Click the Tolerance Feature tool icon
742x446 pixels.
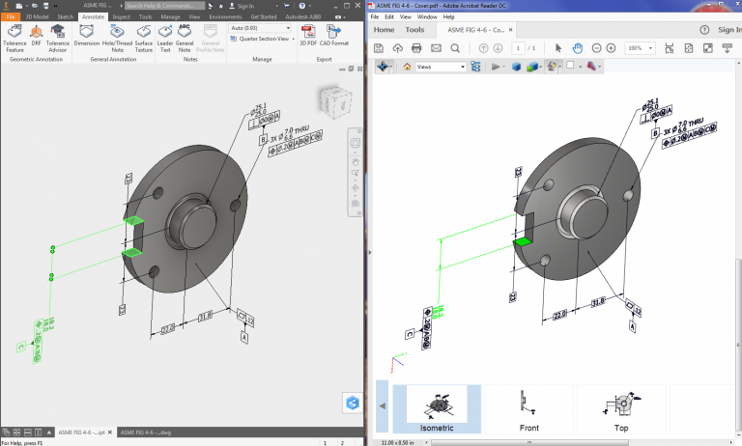[x=14, y=37]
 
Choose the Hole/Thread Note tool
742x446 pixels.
[x=116, y=37]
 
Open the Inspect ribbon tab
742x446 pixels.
[x=121, y=16]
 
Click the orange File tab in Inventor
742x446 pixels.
[x=11, y=16]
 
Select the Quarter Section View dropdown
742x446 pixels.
[x=260, y=39]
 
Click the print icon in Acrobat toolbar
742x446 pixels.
[x=417, y=48]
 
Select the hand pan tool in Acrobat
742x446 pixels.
[x=578, y=48]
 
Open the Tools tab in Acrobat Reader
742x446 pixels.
[x=414, y=30]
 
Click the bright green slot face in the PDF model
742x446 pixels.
[x=525, y=240]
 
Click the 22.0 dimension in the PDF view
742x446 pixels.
[x=557, y=313]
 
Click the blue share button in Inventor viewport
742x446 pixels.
[x=352, y=404]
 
